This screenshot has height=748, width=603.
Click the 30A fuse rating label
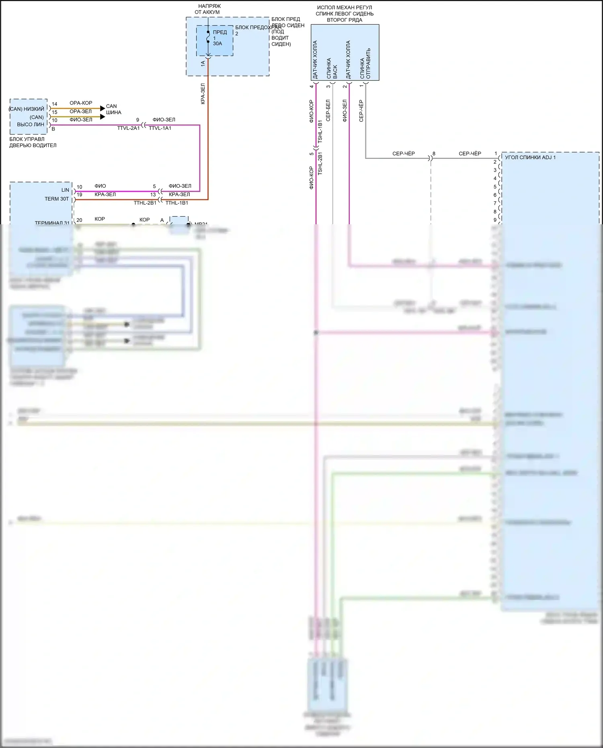coord(217,44)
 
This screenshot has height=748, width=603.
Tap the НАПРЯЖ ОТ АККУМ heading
coord(208,9)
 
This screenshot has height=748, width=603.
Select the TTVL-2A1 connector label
coord(128,128)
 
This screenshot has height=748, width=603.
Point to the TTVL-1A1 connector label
coord(160,128)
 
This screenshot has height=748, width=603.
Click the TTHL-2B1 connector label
coord(145,203)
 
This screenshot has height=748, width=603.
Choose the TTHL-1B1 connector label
coord(177,203)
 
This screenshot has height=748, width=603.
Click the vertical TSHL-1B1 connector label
coord(320,131)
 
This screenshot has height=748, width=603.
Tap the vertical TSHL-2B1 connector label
coord(320,163)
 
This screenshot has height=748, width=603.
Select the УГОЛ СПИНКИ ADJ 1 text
coord(530,158)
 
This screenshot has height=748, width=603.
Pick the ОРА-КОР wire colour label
coord(81,103)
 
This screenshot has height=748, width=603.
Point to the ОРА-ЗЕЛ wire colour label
coord(81,111)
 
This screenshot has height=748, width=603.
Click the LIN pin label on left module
coord(65,190)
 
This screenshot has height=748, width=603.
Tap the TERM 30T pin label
coord(57,199)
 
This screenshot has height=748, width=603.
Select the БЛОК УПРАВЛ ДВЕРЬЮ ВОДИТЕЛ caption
coord(33,142)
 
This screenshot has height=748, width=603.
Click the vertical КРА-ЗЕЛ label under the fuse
coord(203,94)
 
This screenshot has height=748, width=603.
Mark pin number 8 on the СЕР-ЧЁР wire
coord(434,154)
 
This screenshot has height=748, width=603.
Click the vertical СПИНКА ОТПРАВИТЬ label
coord(365,64)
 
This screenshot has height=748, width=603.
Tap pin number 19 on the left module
coord(79,195)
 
